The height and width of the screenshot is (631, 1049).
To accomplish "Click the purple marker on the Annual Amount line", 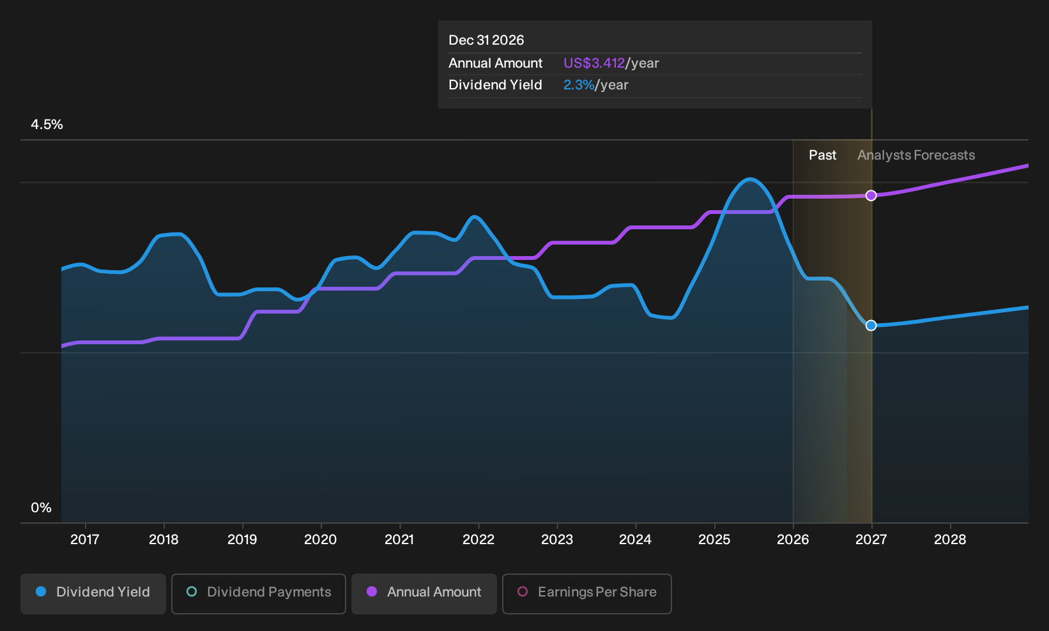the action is tap(871, 195).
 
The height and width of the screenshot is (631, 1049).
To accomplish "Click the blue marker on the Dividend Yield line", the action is tap(871, 325).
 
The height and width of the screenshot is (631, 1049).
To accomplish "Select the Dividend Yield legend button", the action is tap(93, 593).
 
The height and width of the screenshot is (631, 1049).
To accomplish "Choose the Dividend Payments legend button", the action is tap(259, 593).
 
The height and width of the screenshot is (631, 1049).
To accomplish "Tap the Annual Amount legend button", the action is tap(424, 593).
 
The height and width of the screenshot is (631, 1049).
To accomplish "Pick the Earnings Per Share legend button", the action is tap(586, 593).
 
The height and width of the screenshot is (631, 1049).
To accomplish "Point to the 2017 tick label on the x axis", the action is tap(85, 540).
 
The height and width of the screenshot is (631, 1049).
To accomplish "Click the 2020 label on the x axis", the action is tap(321, 540).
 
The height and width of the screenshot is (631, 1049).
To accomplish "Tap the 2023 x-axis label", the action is tap(557, 540).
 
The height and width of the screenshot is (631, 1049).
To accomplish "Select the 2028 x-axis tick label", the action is tap(950, 540).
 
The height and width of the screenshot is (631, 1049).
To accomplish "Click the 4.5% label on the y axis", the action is tap(47, 125).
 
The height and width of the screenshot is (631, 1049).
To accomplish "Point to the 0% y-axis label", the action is tap(42, 508).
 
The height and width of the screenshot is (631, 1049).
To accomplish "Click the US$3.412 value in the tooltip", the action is tap(593, 63).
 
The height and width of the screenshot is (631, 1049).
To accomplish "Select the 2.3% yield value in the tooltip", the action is tap(579, 85).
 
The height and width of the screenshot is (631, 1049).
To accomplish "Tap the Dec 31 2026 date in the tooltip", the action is tap(486, 40).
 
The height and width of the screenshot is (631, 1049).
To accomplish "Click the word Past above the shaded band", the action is tap(822, 155).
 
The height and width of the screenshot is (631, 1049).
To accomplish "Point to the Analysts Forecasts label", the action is tap(916, 155).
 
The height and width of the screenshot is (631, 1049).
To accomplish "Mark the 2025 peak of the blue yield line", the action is tap(750, 179).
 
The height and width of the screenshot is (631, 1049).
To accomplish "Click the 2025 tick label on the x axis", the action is tap(714, 540).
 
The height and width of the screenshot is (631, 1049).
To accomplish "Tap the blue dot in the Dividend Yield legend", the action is tap(42, 591).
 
